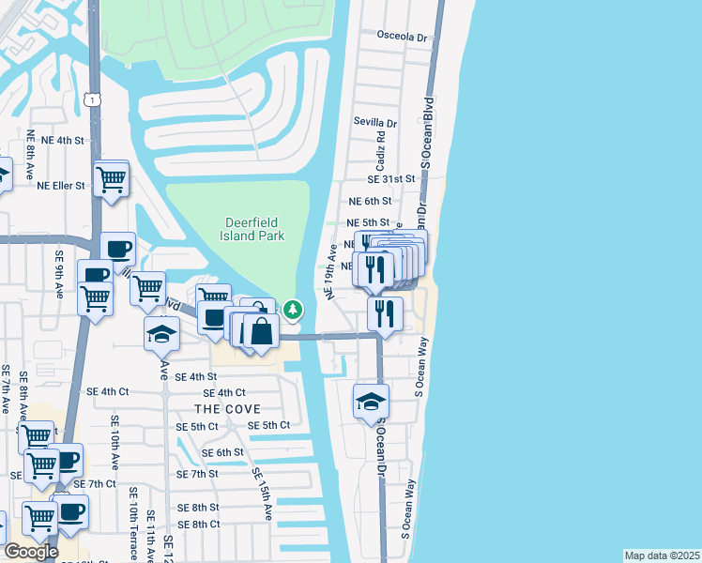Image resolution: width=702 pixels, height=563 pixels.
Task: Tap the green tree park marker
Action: point(294,309)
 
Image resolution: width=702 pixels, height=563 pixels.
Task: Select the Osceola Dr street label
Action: point(402,37)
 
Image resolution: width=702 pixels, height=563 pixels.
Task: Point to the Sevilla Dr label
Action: point(375,123)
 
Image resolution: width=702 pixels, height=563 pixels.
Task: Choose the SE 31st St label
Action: point(391,178)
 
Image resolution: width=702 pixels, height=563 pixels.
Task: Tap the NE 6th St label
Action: point(369,201)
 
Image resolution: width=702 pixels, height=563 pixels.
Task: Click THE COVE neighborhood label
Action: point(227,409)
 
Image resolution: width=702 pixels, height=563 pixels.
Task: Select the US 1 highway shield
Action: point(91,99)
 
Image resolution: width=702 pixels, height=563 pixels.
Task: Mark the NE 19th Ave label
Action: point(332,272)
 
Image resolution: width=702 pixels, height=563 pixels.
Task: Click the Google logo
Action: point(31,551)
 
